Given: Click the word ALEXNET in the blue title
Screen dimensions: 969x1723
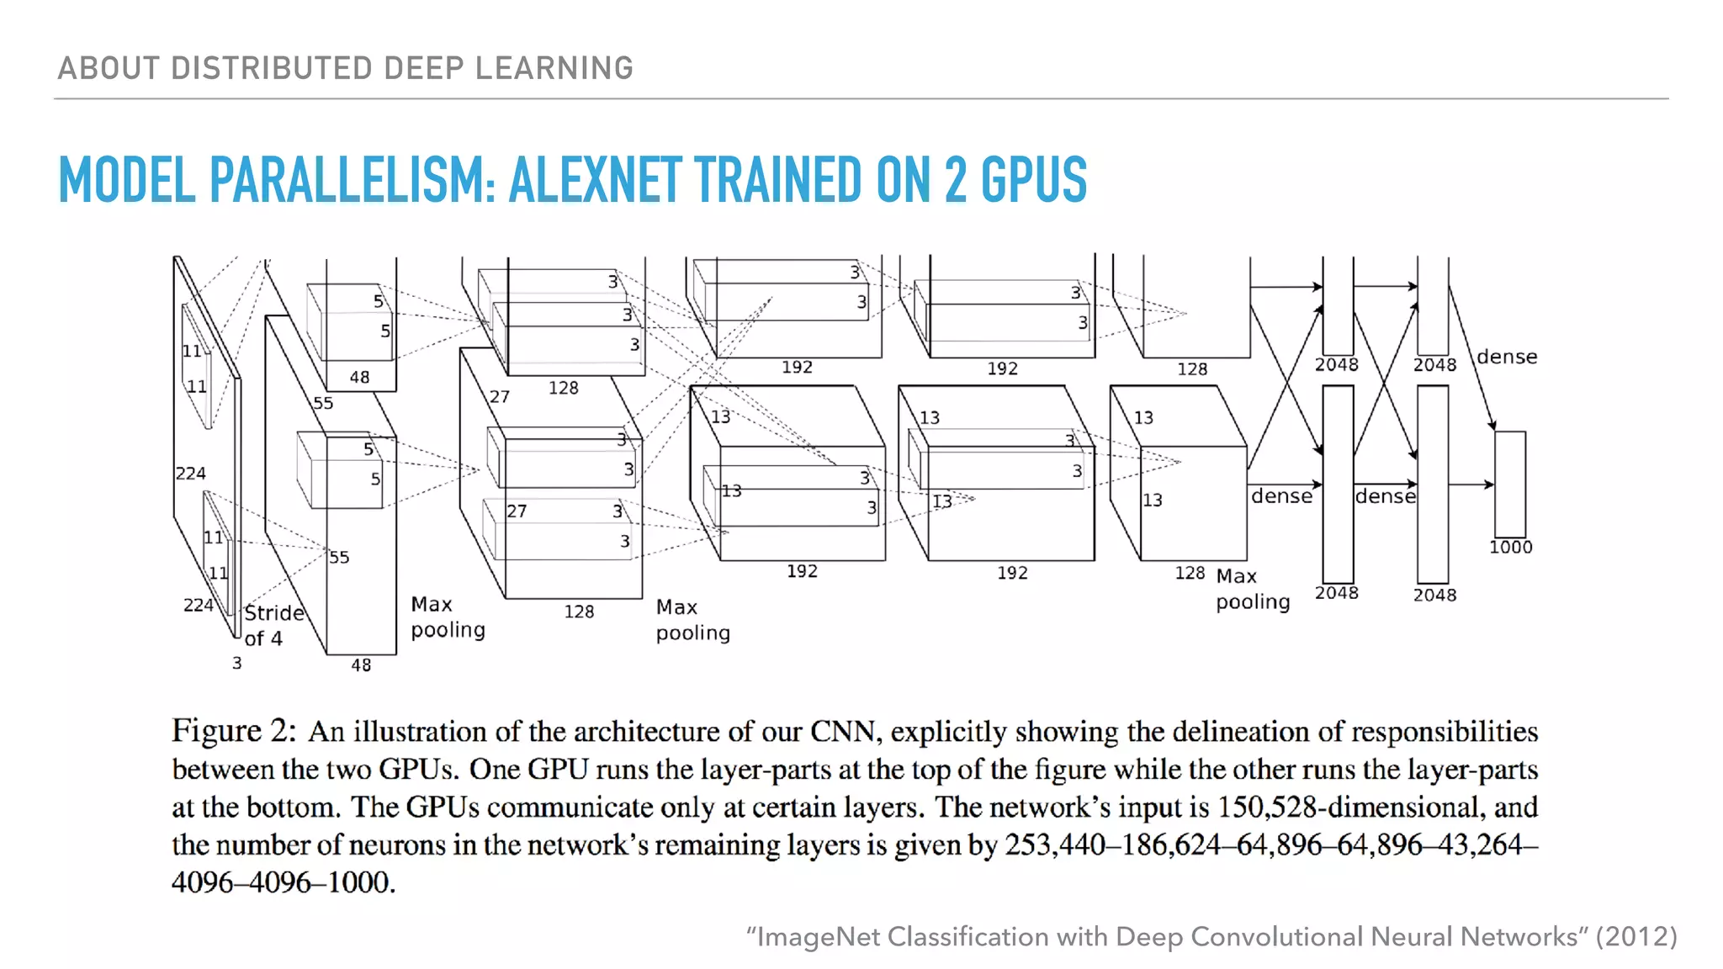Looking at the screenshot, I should [x=594, y=180].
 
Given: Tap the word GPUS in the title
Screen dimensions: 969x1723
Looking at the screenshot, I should [x=1034, y=180].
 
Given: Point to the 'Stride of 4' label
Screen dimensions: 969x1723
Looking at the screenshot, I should [x=273, y=625].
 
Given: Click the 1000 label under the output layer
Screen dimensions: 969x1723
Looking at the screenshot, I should [x=1511, y=548].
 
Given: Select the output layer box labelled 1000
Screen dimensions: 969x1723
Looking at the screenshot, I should [x=1510, y=483].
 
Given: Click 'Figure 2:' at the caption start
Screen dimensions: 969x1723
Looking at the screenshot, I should [x=234, y=731].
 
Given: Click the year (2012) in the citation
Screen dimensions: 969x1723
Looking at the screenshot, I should [x=1636, y=937].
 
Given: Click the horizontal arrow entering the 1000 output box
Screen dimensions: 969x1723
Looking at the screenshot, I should [x=1471, y=484].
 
